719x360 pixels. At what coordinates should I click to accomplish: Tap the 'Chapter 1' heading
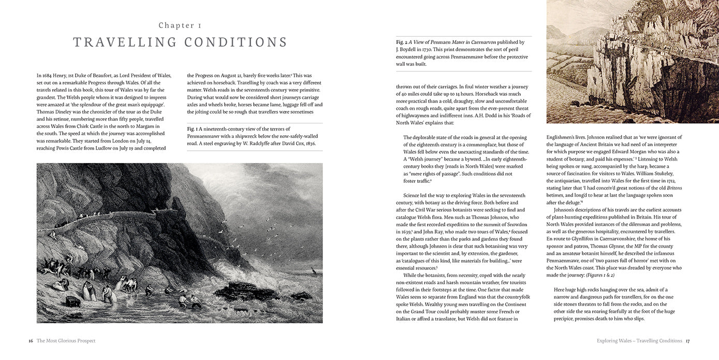coord(180,25)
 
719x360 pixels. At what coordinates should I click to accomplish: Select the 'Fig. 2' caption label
coord(402,42)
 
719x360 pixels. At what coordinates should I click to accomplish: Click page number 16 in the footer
coord(31,341)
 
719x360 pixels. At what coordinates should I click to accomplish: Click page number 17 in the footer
coord(687,341)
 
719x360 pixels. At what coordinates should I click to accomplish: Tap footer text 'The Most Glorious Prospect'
coord(66,341)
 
